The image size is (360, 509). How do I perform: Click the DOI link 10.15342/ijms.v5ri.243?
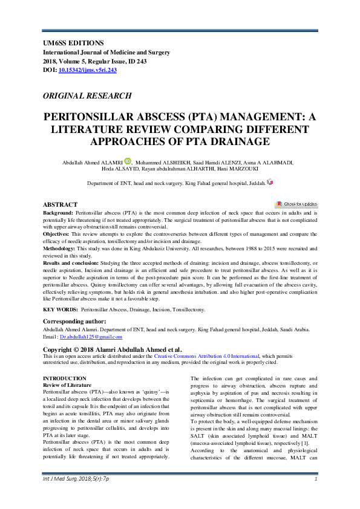pyautogui.click(x=87, y=70)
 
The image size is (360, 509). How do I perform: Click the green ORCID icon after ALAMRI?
pyautogui.click(x=128, y=161)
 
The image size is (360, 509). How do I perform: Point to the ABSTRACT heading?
pyautogui.click(x=61, y=205)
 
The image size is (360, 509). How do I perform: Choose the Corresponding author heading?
pyautogui.click(x=74, y=321)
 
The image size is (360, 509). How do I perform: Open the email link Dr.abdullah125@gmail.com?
pyautogui.click(x=90, y=336)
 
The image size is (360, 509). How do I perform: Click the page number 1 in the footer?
pyautogui.click(x=316, y=496)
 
